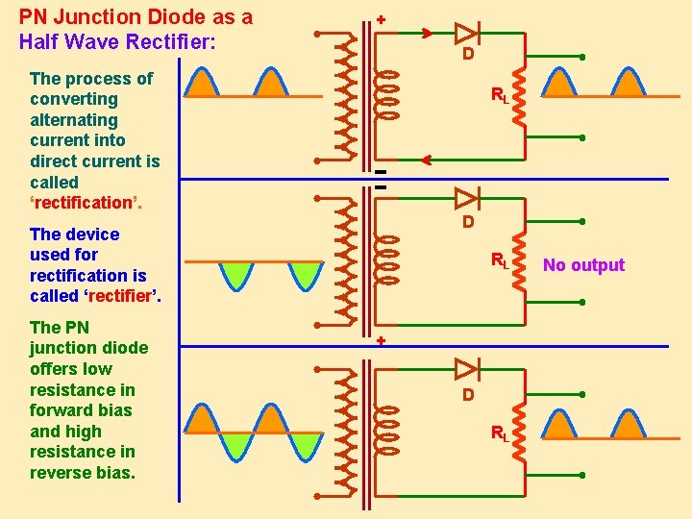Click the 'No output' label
coord(583,265)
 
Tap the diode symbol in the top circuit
coord(466,32)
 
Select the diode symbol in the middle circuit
coord(466,199)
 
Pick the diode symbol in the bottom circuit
coord(466,368)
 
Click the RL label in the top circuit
coord(500,95)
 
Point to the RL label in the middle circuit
coord(500,259)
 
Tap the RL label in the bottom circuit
coord(500,433)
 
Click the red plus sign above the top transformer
coord(381,18)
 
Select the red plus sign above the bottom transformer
coord(381,341)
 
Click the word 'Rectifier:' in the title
coord(169,42)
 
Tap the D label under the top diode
coord(467,55)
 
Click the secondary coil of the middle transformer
coord(386,260)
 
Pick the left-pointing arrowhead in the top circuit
coord(427,160)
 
